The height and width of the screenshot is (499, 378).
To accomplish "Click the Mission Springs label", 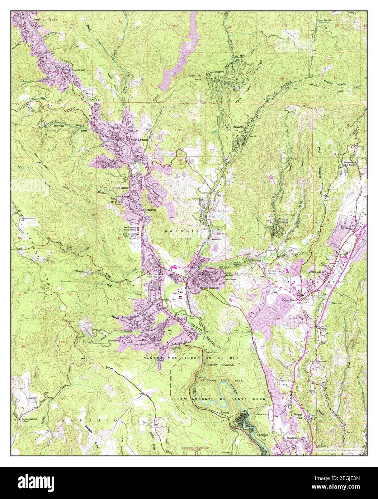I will point(287,220).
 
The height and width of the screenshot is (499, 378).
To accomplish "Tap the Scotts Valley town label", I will point(317,272).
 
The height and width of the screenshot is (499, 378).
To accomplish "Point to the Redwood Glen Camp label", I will point(350,164).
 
